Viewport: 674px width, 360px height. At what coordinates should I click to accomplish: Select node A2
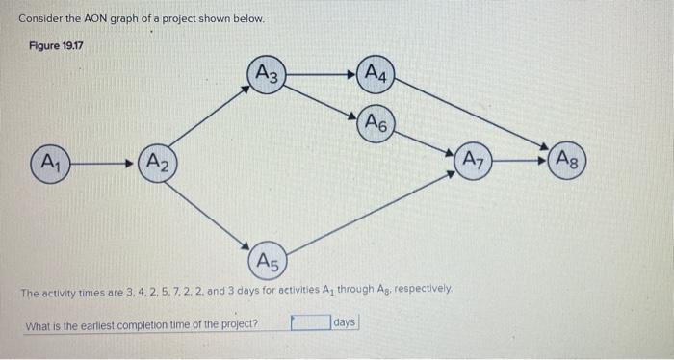click(158, 163)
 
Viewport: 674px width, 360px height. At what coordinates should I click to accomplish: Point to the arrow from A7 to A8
click(521, 160)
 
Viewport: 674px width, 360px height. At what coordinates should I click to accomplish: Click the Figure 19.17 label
click(55, 44)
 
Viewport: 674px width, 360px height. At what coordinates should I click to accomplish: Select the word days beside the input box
click(344, 322)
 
